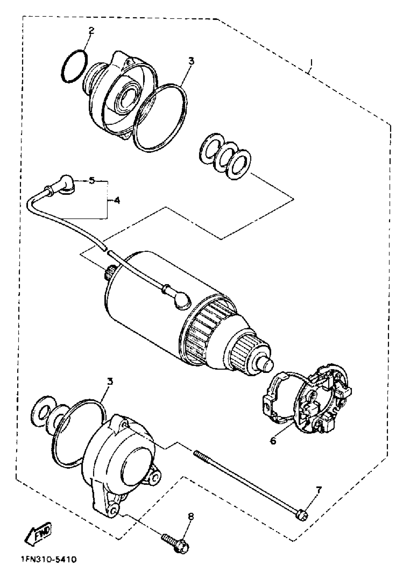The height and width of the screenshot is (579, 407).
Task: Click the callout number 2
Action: pos(91,31)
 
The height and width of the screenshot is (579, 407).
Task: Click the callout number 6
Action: pos(273,441)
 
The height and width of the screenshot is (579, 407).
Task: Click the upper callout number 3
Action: pos(191,61)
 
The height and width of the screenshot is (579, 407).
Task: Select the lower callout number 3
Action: pos(110,382)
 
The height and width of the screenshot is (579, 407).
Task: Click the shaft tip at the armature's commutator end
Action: pos(268,364)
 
